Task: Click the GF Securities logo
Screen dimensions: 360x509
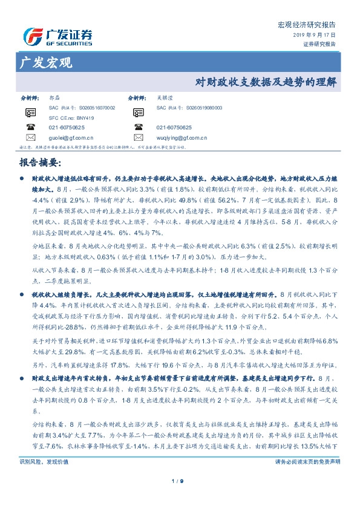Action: [58, 37]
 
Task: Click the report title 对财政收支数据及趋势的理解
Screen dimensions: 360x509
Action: [266, 83]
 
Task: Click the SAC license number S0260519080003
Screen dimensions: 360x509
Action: [189, 108]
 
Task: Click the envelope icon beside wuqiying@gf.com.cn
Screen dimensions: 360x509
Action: [139, 138]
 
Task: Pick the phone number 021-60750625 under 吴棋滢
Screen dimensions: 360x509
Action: [174, 128]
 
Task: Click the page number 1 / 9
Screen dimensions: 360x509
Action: [180, 481]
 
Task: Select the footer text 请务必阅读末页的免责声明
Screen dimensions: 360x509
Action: [307, 461]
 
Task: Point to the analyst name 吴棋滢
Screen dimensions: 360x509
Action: [164, 97]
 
